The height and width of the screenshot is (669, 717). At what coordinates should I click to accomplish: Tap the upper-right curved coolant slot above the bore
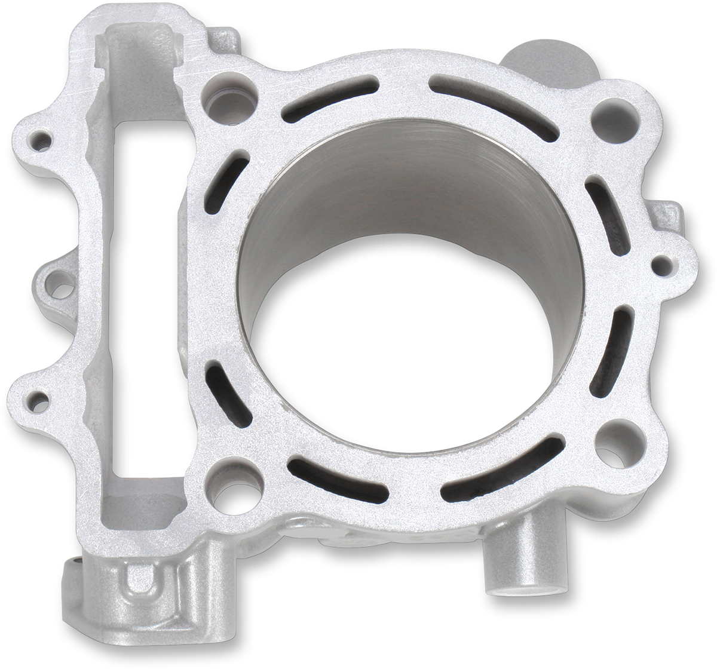point(494,108)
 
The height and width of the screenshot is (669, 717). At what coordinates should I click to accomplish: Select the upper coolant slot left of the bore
point(226,182)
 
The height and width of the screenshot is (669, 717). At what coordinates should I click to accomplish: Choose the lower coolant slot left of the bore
point(228,394)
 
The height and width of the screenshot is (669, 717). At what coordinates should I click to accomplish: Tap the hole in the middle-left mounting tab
point(60,287)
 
